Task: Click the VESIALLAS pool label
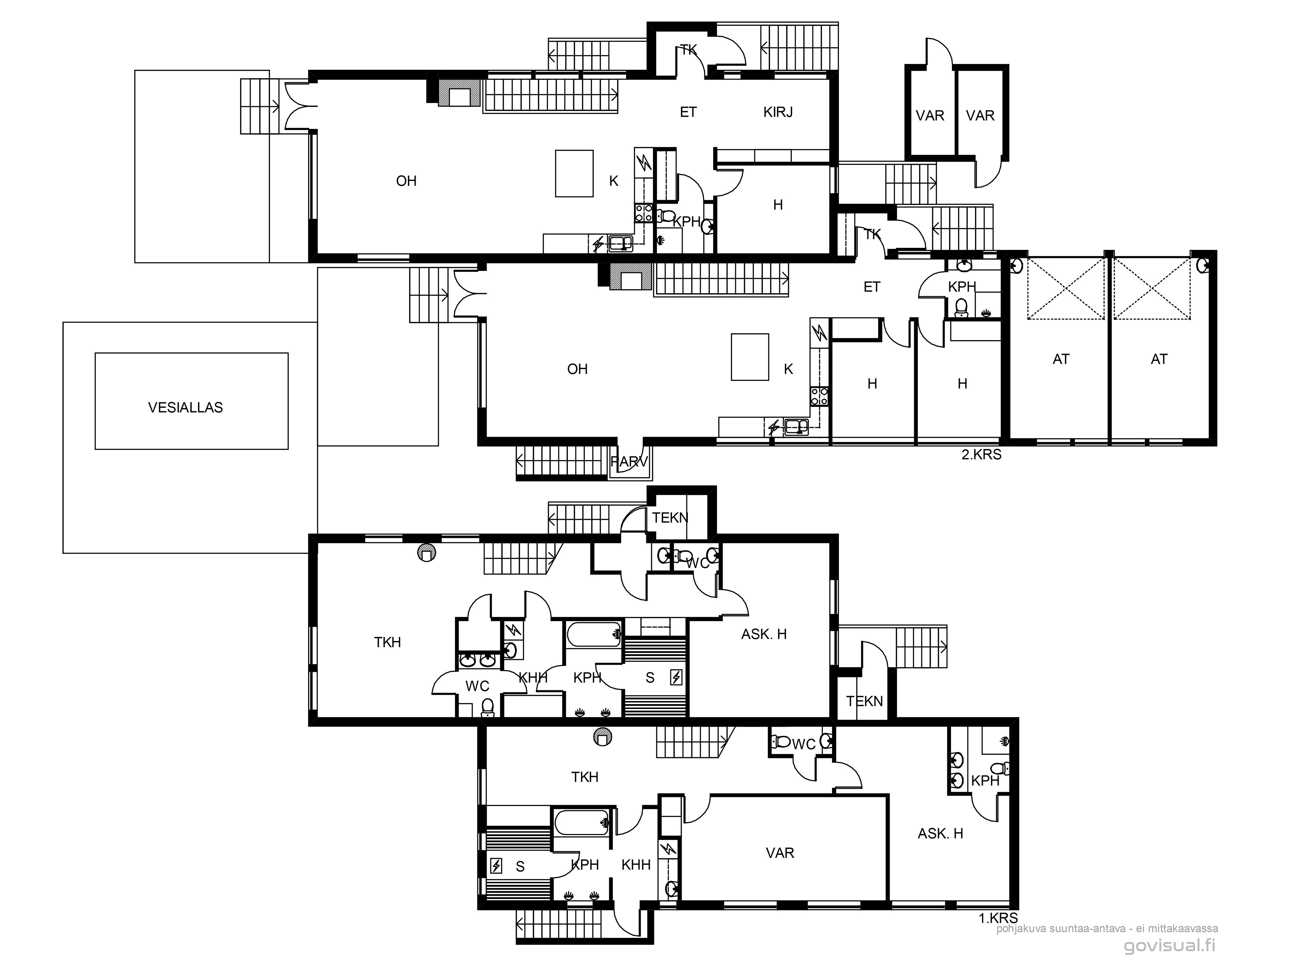[x=185, y=408]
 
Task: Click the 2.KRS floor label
[x=981, y=455]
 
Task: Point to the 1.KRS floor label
[x=998, y=918]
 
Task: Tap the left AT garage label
[x=1061, y=359]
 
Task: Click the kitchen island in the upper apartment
[x=574, y=173]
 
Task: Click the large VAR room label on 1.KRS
[x=780, y=853]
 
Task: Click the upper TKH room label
[x=387, y=643]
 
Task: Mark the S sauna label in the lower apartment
[x=520, y=867]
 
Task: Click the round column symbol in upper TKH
[x=426, y=553]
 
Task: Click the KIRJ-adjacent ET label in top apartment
[x=688, y=112]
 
